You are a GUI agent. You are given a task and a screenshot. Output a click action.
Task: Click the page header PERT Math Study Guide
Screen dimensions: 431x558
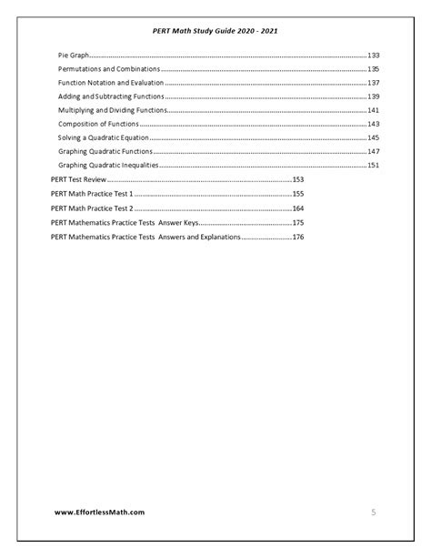(x=215, y=31)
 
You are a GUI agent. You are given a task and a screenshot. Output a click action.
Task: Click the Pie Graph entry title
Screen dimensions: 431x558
(x=74, y=56)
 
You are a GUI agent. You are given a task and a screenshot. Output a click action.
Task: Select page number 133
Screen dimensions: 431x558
(x=373, y=56)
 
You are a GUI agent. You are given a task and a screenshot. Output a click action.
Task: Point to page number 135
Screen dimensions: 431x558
(x=373, y=69)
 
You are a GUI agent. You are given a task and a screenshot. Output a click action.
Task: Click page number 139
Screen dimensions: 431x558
(x=373, y=96)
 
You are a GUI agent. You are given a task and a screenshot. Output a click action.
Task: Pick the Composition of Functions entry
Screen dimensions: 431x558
(x=97, y=124)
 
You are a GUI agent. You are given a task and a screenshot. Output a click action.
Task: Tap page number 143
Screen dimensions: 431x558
(x=373, y=124)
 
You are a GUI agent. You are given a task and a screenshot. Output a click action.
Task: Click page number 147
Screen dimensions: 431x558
(x=373, y=151)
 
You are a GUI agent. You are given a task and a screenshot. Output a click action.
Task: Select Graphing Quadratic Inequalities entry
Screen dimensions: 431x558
(x=108, y=165)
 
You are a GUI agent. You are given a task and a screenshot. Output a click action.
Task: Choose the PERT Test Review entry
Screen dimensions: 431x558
(x=78, y=180)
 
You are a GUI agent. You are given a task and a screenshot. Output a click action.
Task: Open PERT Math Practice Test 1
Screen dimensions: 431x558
(x=92, y=194)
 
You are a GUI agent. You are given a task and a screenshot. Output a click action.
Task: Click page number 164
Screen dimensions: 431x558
(x=297, y=208)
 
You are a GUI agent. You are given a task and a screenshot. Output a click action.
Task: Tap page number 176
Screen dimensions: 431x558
(x=297, y=237)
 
